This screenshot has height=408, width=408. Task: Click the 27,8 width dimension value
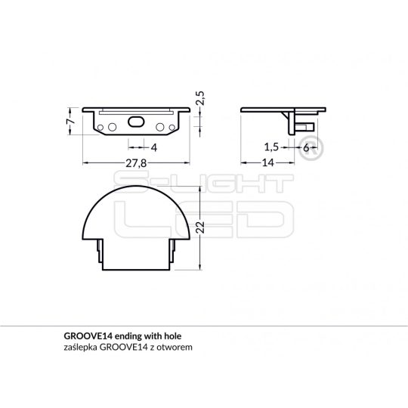coord(137,163)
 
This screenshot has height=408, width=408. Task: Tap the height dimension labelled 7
coord(69,121)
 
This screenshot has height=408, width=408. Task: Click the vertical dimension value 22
coord(200,228)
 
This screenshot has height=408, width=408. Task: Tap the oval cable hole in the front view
coord(137,120)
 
